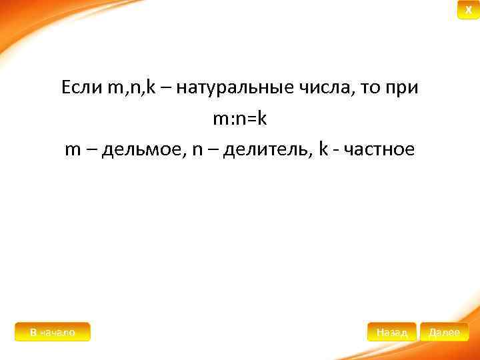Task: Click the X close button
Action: [x=468, y=10]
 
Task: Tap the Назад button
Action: [x=391, y=331]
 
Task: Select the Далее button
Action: [x=444, y=331]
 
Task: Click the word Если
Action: [x=81, y=87]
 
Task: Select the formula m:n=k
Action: [x=239, y=119]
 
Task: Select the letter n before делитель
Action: [x=197, y=150]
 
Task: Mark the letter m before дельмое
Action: [x=73, y=150]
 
